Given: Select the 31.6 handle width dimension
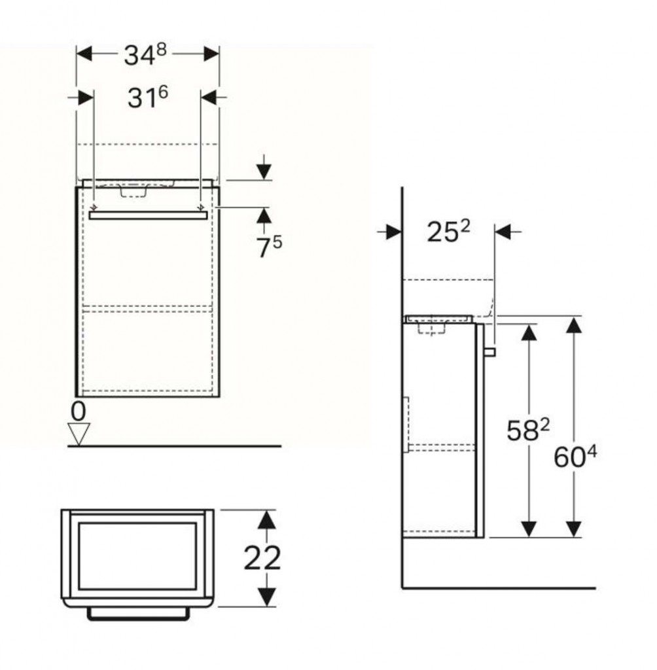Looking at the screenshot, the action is coord(148,97).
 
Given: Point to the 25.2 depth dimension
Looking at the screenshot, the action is coord(448,231).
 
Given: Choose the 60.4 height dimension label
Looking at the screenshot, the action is coord(575,456).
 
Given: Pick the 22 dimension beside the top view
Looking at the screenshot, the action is coord(262,557).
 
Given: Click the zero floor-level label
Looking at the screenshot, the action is coord(78,412).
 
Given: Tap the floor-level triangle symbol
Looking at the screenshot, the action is coord(79,434).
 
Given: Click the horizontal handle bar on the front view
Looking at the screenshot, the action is coord(148,215).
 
